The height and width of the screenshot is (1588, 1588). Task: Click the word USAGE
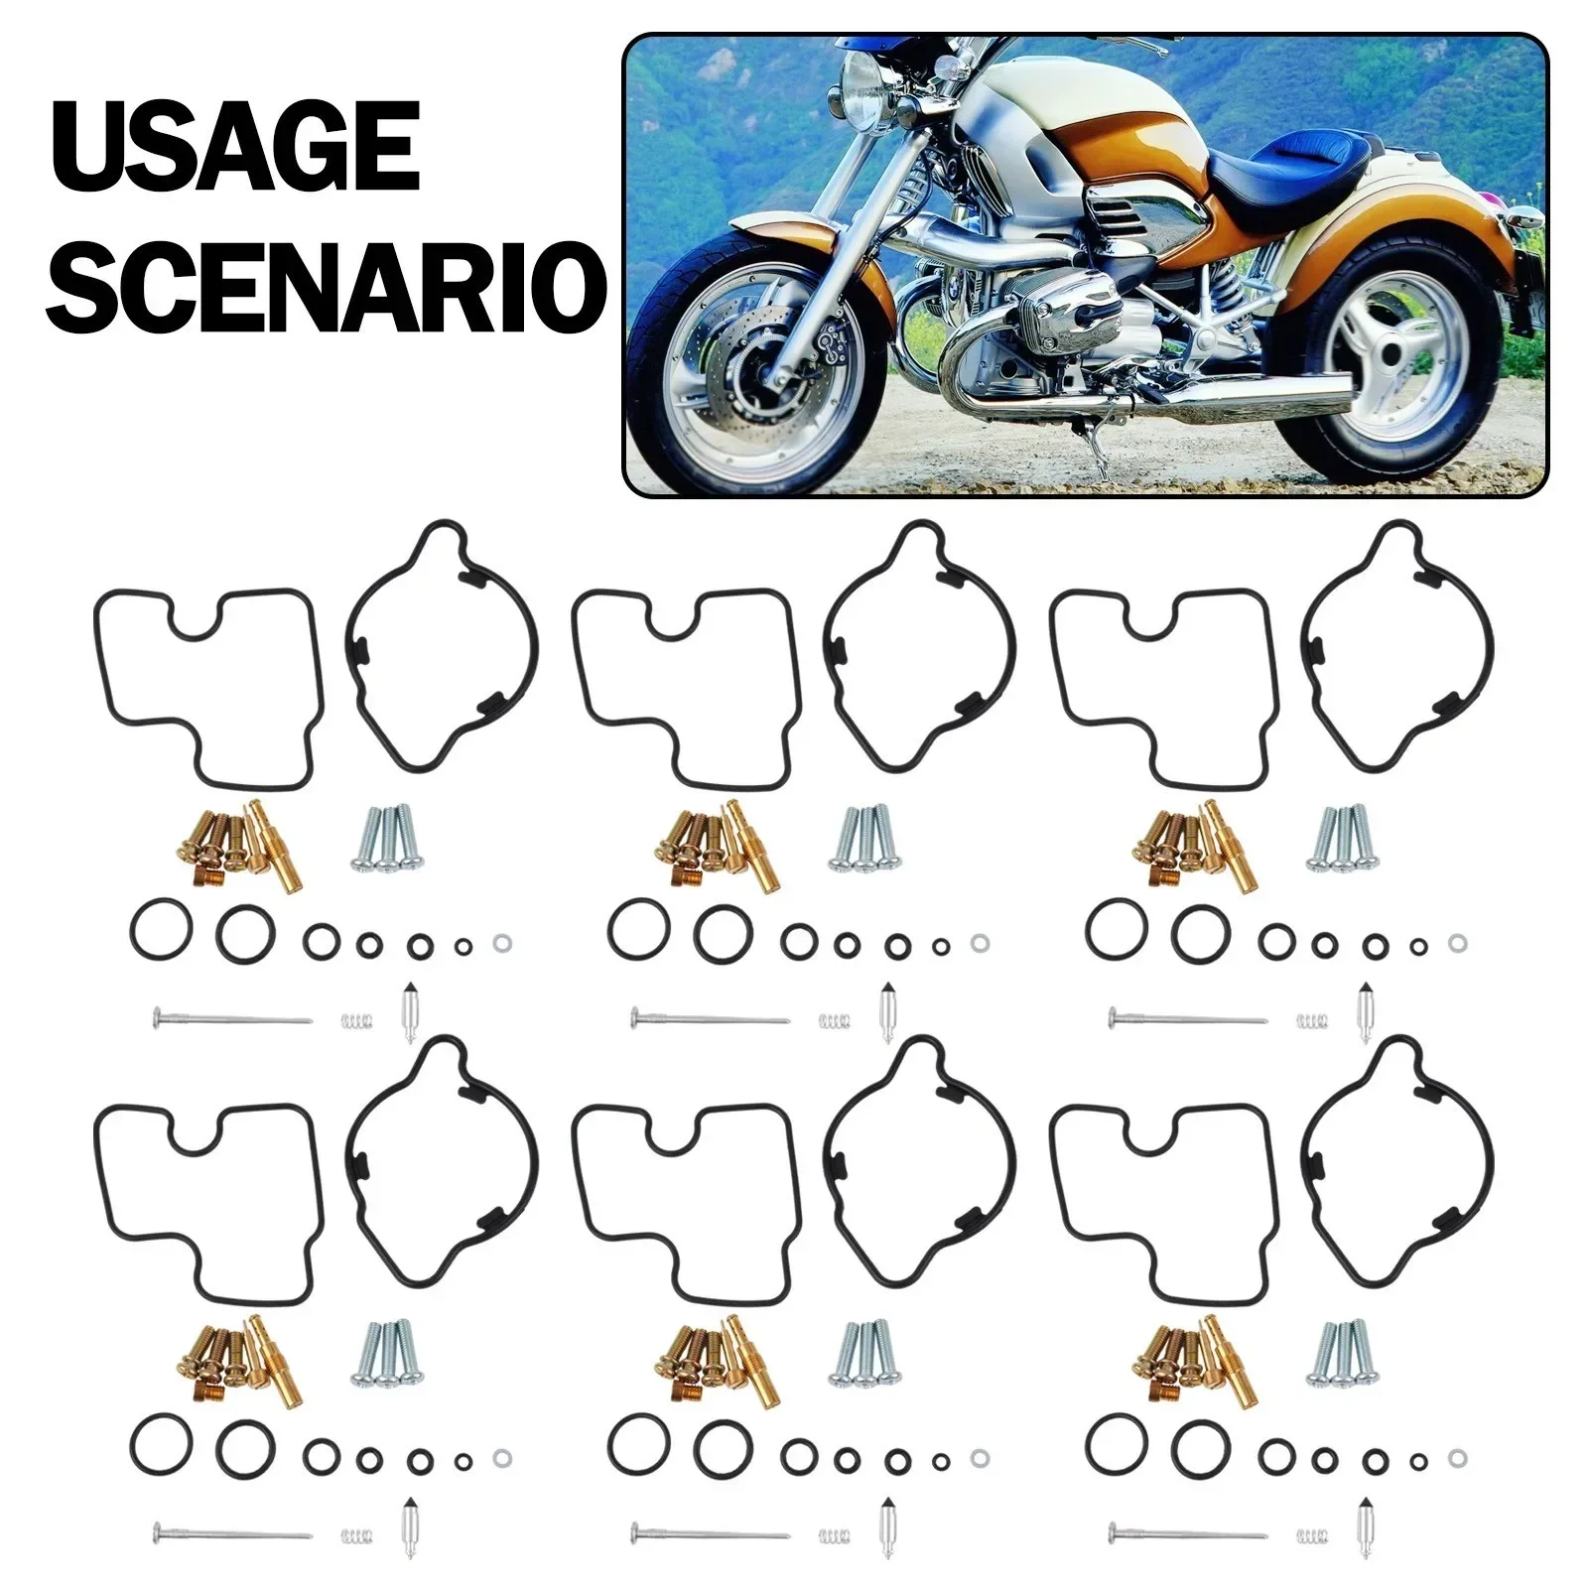click(235, 149)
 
